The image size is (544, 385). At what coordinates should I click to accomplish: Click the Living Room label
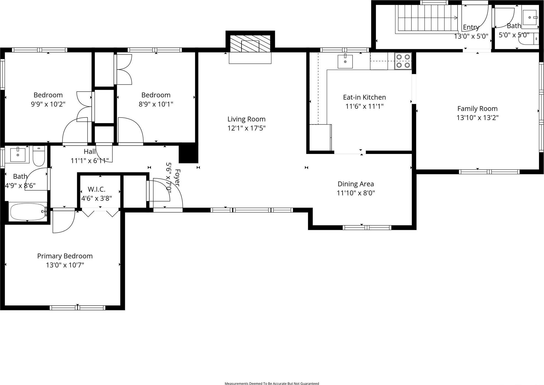pyautogui.click(x=246, y=119)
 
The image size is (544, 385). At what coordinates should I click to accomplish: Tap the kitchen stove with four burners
pyautogui.click(x=403, y=61)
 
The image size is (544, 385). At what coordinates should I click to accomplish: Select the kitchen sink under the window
pyautogui.click(x=345, y=61)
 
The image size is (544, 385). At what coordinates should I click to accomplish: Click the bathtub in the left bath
pyautogui.click(x=28, y=212)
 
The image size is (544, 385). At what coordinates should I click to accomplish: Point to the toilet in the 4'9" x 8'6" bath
pyautogui.click(x=39, y=157)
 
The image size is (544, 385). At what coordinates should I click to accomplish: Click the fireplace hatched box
pyautogui.click(x=250, y=44)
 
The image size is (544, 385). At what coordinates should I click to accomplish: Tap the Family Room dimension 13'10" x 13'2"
pyautogui.click(x=477, y=118)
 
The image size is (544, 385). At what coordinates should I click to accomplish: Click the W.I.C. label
pyautogui.click(x=96, y=189)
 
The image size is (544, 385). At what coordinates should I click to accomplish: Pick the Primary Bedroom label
pyautogui.click(x=65, y=256)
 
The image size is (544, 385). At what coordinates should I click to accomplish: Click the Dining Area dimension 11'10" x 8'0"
pyautogui.click(x=356, y=193)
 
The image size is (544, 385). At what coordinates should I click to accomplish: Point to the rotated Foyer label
pyautogui.click(x=177, y=178)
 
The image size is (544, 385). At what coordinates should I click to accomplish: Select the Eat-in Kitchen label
pyautogui.click(x=364, y=97)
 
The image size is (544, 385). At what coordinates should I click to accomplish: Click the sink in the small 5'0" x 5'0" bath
pyautogui.click(x=530, y=17)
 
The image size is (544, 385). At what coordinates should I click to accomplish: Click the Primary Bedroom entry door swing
pyautogui.click(x=63, y=221)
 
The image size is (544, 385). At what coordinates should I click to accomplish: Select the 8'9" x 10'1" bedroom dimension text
pyautogui.click(x=156, y=104)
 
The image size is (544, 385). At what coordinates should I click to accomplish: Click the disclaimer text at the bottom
pyautogui.click(x=272, y=383)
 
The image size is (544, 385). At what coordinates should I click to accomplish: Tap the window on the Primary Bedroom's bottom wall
pyautogui.click(x=77, y=308)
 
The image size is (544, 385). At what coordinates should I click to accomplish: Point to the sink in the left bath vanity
pyautogui.click(x=18, y=155)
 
